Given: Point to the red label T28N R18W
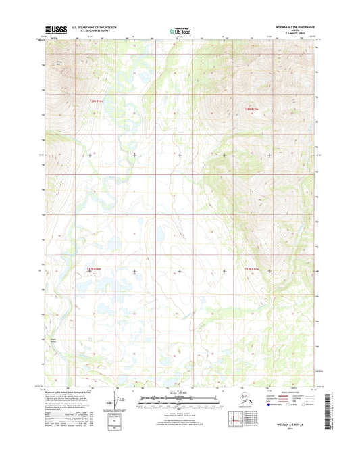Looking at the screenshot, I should tap(97, 101).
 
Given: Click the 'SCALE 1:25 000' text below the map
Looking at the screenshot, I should tap(179, 395).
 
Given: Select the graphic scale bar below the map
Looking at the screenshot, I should tap(179, 404).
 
